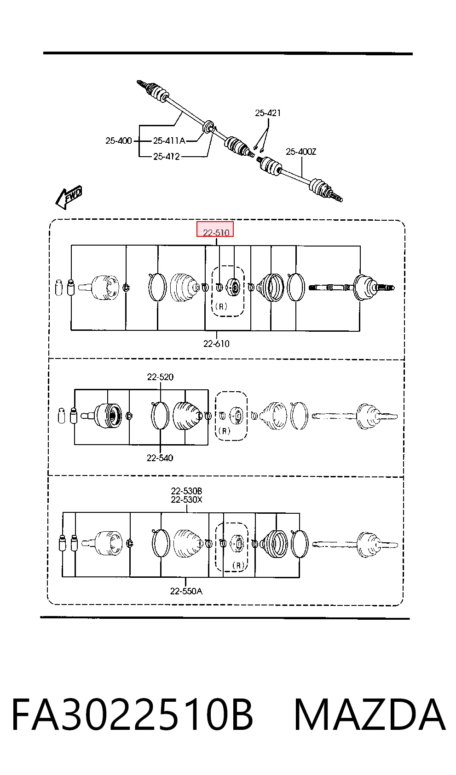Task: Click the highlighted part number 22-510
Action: point(216,233)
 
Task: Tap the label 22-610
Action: point(216,344)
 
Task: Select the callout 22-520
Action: point(160,377)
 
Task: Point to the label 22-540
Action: point(160,458)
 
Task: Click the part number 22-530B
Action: point(186,491)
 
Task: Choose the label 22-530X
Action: point(186,499)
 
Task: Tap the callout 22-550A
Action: point(186,591)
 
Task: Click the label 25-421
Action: point(268,113)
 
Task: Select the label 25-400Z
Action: point(301,152)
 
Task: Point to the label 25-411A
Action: point(169,141)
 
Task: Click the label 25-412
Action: point(167,156)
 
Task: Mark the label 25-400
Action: point(119,141)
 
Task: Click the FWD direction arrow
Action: point(69,197)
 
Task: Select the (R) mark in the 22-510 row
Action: point(221,306)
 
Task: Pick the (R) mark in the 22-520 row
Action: point(225,431)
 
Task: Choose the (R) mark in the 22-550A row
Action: point(238,565)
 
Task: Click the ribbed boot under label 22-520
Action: point(187,416)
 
